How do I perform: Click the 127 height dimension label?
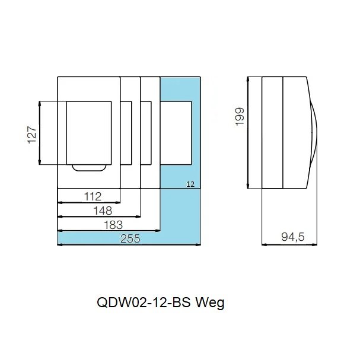[x=32, y=135]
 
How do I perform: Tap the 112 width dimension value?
[x=93, y=196]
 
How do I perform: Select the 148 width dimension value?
[x=103, y=211]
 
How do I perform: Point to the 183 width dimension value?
[x=113, y=225]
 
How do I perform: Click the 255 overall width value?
[x=130, y=239]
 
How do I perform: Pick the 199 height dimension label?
[x=240, y=116]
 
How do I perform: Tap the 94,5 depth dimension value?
[x=293, y=237]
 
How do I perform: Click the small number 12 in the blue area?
[x=190, y=184]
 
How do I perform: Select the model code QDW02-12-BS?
[x=144, y=302]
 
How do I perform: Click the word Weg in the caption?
[x=210, y=303]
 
